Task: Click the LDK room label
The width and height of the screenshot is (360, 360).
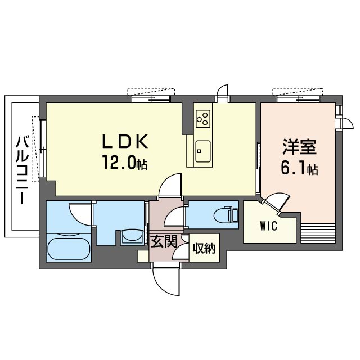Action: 124,140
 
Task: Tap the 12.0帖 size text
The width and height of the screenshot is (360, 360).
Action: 124,163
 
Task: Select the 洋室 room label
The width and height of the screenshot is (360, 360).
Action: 299,147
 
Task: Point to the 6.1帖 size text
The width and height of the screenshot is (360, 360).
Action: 300,168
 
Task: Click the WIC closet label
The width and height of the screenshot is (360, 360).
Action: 268,227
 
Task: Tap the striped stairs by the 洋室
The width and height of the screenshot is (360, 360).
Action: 318,231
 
